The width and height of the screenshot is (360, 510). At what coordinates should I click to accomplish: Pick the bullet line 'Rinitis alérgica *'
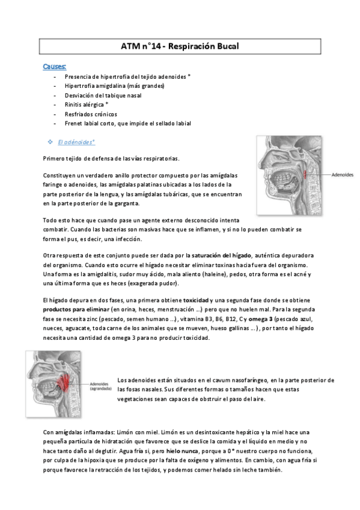(x=91, y=104)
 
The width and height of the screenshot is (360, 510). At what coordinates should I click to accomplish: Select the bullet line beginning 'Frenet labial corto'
(x=128, y=123)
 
